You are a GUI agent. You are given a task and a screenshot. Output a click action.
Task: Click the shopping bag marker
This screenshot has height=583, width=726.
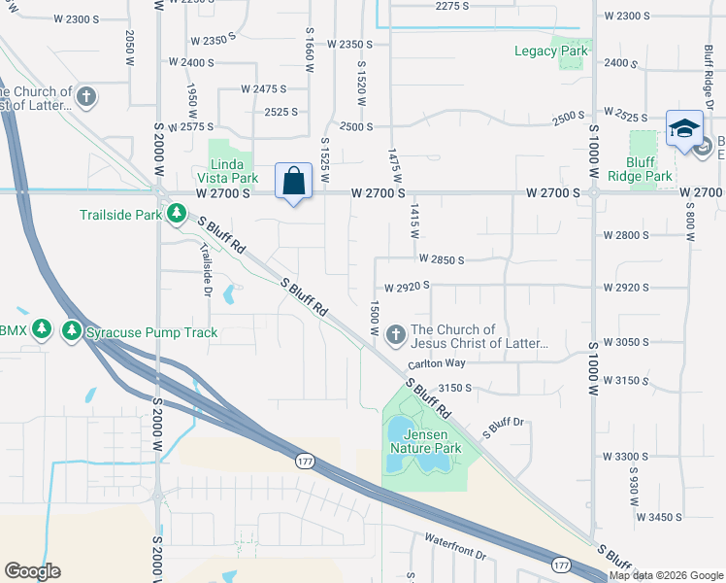coord(293,182)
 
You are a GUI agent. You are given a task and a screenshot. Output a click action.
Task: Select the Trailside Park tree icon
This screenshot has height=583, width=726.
coord(176,213)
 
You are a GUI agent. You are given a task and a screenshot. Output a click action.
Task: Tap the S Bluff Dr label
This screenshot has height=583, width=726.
coord(505,426)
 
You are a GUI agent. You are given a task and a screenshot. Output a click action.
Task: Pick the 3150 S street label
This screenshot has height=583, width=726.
coord(454,387)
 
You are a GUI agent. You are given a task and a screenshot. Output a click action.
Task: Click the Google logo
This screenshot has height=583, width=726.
coord(32,570)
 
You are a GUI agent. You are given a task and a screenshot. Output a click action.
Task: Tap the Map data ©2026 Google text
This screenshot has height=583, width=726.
coord(666,575)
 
